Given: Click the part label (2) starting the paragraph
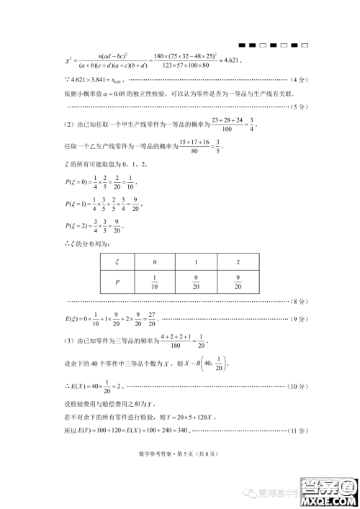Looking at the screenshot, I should [70, 125].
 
